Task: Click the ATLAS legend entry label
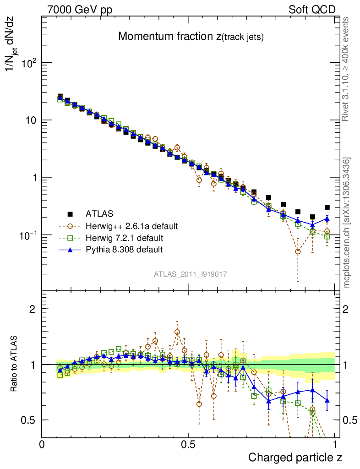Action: tap(100, 213)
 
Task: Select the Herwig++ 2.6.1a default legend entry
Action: tap(131, 226)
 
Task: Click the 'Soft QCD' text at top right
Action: tap(312, 10)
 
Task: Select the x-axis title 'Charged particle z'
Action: tap(295, 457)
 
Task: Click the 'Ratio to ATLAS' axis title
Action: tap(15, 364)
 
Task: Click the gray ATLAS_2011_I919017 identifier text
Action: tap(191, 274)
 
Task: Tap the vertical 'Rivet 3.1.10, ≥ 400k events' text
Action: tap(346, 69)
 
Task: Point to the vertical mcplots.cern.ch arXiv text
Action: tap(347, 222)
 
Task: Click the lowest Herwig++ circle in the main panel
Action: tap(298, 251)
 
